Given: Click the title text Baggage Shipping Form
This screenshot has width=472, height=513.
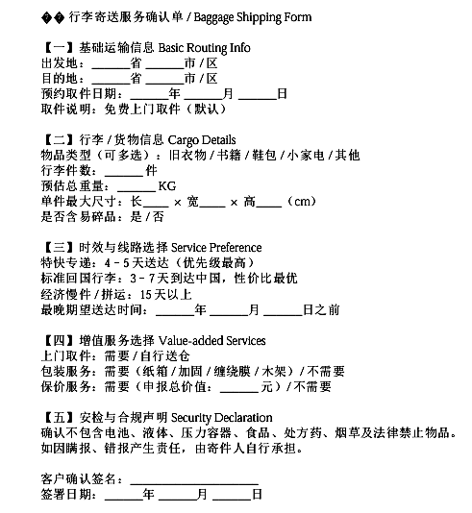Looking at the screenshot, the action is click(x=253, y=18).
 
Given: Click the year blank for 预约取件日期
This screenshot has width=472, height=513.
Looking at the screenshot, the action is click(x=147, y=93).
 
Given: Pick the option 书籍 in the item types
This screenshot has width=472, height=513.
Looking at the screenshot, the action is click(x=224, y=155).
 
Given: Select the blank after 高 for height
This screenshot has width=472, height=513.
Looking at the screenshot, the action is click(x=270, y=201).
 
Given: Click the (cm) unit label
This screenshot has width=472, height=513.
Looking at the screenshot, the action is click(x=301, y=201).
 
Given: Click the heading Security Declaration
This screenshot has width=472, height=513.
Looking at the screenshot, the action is click(x=214, y=417).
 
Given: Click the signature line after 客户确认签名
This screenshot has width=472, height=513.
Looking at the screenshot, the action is click(x=193, y=478).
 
